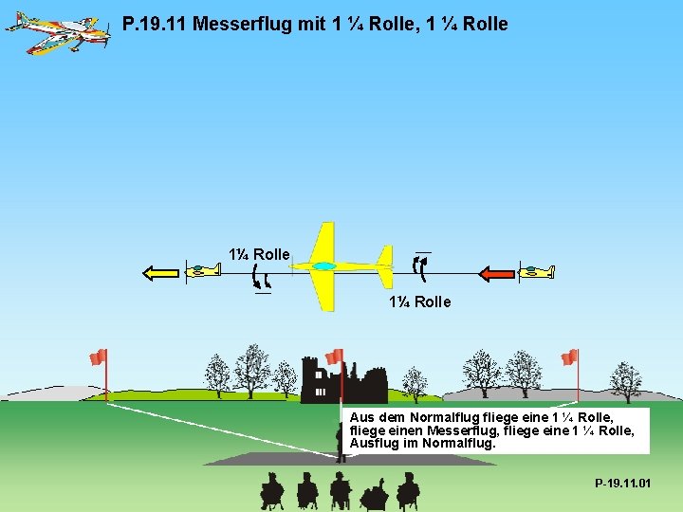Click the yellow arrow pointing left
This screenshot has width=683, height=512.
(x=160, y=273)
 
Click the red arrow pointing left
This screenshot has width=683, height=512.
(x=496, y=274)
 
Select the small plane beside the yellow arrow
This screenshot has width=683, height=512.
(x=202, y=271)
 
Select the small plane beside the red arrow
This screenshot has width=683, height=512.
(x=537, y=272)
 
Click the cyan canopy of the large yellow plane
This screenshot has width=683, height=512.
(x=323, y=267)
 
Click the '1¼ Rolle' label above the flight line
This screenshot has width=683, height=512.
(x=259, y=254)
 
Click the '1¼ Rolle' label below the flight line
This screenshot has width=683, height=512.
(x=419, y=302)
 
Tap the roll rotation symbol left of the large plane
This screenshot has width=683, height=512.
(x=261, y=278)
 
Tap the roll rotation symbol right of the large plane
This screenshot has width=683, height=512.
(x=420, y=267)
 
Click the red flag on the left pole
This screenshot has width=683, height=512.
(x=98, y=357)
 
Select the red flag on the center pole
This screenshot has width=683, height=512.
(x=334, y=357)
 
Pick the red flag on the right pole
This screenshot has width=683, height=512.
(x=569, y=357)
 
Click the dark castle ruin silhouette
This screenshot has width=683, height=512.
(x=341, y=382)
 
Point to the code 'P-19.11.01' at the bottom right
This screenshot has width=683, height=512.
(x=623, y=484)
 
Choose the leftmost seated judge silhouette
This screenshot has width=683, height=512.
(x=271, y=489)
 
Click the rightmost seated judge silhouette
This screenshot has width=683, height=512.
(x=408, y=489)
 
